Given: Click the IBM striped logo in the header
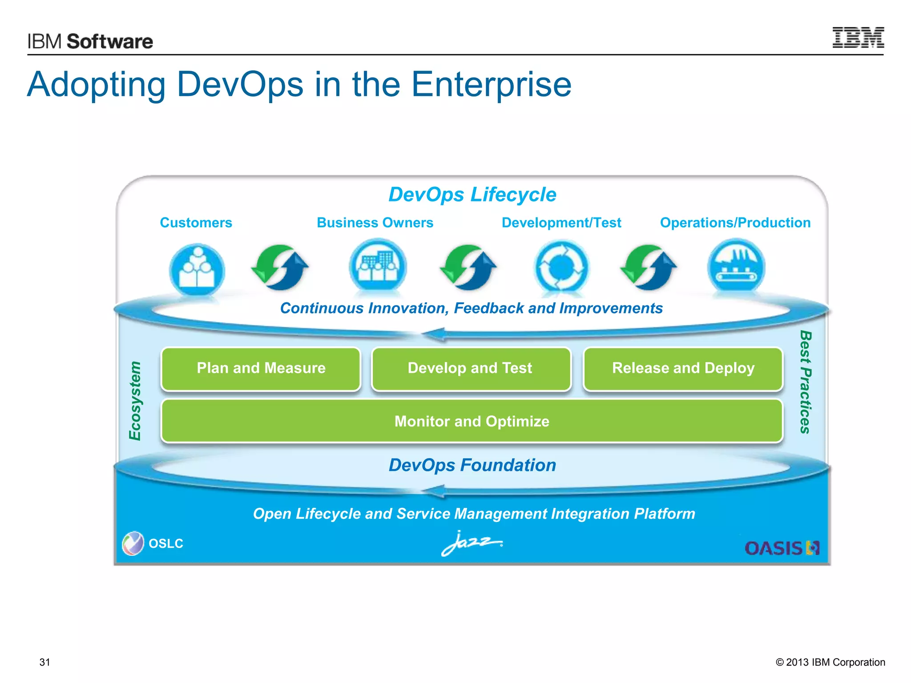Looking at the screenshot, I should [x=858, y=37].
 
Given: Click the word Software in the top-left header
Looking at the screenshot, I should [x=110, y=41].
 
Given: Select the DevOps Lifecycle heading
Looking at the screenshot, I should [x=472, y=194].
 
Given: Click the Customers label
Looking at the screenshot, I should [x=196, y=222].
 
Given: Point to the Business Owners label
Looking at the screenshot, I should [x=375, y=222].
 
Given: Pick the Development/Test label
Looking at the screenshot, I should [x=561, y=222].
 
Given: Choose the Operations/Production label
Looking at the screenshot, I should [x=735, y=222].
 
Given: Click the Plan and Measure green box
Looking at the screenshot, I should [x=261, y=369].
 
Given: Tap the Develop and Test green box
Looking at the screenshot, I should [x=471, y=369].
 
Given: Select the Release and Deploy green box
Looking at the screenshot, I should [x=683, y=369].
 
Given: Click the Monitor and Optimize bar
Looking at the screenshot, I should [x=472, y=421].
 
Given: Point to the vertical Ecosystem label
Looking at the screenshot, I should [x=135, y=401].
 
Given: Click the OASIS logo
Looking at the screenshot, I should [x=782, y=548].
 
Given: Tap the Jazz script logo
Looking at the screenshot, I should [x=472, y=542].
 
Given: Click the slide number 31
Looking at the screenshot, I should [x=45, y=662].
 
